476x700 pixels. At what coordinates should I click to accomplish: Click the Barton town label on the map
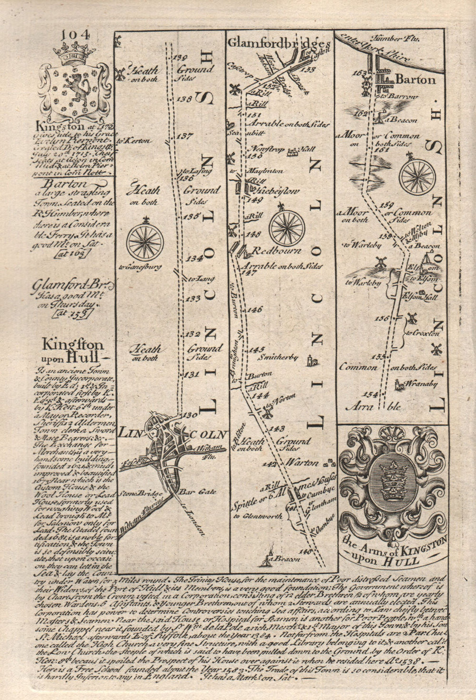(x=416, y=79)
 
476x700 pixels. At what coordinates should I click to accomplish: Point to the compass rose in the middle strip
(x=287, y=227)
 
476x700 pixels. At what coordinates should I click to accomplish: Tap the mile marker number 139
(x=181, y=58)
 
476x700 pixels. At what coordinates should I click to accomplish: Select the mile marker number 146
(x=255, y=309)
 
